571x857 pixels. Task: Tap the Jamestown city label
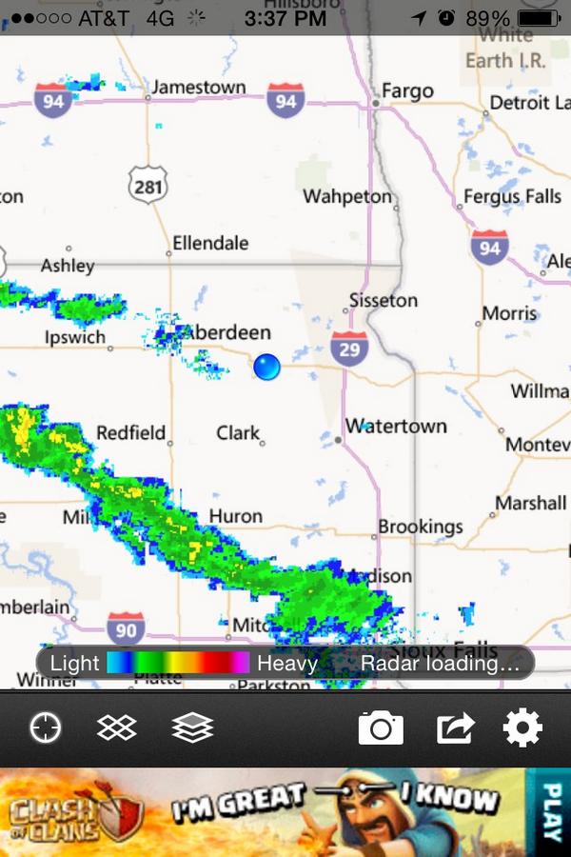pos(198,88)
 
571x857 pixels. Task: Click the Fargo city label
pos(407,91)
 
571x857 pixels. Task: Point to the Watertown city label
pos(396,426)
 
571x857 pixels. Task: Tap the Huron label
pos(235,516)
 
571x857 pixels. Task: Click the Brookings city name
pos(421,527)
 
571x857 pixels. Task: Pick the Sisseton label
pos(383,300)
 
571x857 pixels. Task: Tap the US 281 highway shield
pos(148,185)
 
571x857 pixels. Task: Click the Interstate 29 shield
pos(349,349)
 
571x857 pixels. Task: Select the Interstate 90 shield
pos(126,628)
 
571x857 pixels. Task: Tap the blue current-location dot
pos(267,367)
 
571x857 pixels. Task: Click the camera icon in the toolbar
pos(381,728)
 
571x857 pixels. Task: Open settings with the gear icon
pos(522,728)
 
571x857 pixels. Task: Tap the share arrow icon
pos(455,728)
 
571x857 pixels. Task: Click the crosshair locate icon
pos(45,728)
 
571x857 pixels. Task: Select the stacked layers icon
pos(192,728)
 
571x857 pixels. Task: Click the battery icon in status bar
pos(540,18)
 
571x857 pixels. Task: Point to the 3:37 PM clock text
pos(285,18)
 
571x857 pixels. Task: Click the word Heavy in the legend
pos(286,663)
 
